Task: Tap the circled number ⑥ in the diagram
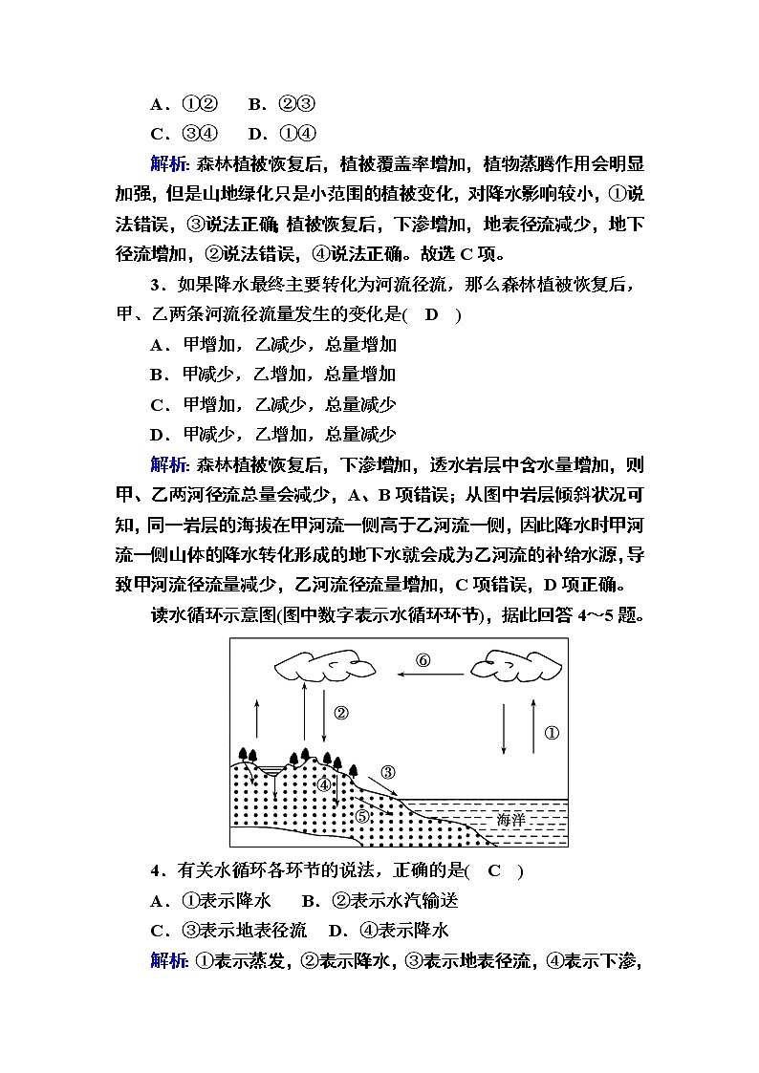coord(423,660)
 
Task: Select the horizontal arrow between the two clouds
coord(431,675)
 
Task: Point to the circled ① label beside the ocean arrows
coord(552,733)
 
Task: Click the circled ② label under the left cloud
coord(341,713)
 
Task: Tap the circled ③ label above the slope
coord(388,772)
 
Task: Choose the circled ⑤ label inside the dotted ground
coord(361,815)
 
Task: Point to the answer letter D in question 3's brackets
coord(431,315)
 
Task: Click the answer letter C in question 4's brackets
coord(494,870)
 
